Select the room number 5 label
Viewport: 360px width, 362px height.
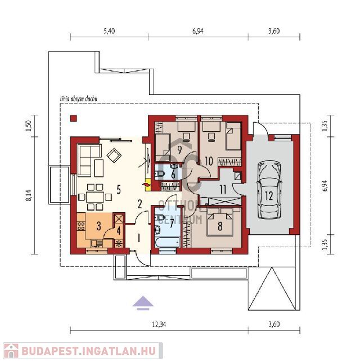(119, 190)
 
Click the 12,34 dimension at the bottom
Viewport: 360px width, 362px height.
(159, 324)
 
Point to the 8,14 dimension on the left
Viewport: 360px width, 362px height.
(29, 196)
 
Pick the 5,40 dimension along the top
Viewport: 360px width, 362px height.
(109, 31)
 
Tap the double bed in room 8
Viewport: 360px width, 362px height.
(220, 222)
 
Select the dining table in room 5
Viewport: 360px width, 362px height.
(95, 197)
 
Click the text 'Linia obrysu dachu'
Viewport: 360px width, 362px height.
(78, 99)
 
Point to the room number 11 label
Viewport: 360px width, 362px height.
(223, 190)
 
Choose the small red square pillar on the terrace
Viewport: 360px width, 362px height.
(74, 118)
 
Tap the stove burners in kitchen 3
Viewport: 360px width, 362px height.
(81, 226)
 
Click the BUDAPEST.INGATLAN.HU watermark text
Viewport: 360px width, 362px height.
(88, 352)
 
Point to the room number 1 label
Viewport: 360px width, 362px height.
(138, 238)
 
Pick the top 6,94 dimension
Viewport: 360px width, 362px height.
(198, 31)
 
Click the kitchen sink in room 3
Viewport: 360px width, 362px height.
(96, 243)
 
